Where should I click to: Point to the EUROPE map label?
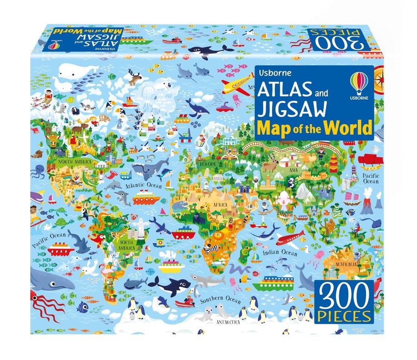[x=208, y=164]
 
